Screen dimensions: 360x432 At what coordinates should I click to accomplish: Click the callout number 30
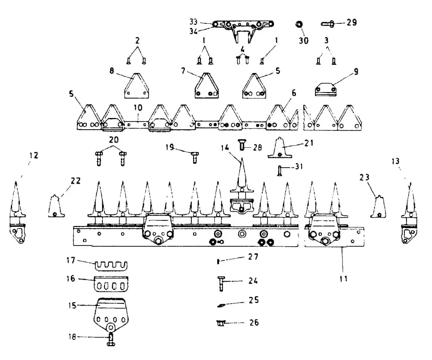304,41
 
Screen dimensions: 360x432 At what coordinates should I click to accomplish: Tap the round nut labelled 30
299,24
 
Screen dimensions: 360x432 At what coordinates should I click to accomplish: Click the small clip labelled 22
54,206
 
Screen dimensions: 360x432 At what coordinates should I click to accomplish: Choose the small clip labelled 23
379,207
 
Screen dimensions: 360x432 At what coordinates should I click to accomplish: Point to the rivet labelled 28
242,146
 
